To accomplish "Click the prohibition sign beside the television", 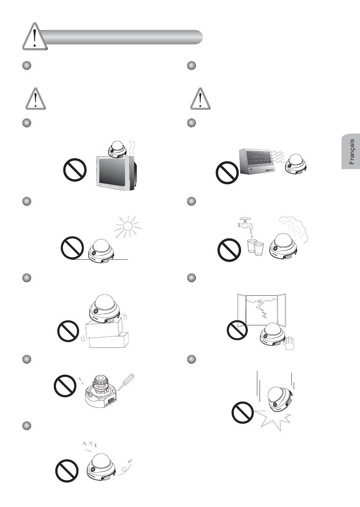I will (75, 169).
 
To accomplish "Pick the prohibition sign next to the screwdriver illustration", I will (65, 386).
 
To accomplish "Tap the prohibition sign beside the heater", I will (227, 173).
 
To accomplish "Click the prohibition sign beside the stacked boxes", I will (69, 331).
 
